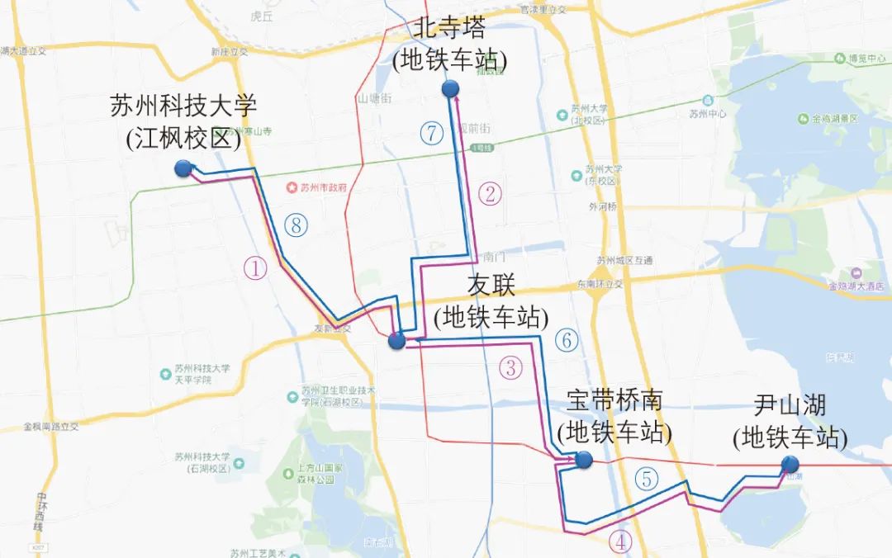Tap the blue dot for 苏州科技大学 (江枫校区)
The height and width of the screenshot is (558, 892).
coord(183,168)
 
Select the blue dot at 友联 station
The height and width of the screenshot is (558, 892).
coord(396,340)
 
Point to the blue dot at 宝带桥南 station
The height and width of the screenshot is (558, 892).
coord(584,461)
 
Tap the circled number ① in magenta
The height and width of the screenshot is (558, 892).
coord(256,268)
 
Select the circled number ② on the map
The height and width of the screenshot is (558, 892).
coord(490,195)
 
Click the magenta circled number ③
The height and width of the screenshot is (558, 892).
coord(512,368)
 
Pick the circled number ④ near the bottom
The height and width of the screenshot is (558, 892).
coord(621,541)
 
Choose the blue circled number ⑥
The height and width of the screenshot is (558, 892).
coord(567,338)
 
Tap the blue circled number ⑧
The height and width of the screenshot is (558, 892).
coord(294,224)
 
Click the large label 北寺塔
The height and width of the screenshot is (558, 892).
coord(450,27)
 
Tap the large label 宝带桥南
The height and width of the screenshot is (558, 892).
coord(615,400)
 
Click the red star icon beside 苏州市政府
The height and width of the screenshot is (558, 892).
coord(290,187)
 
